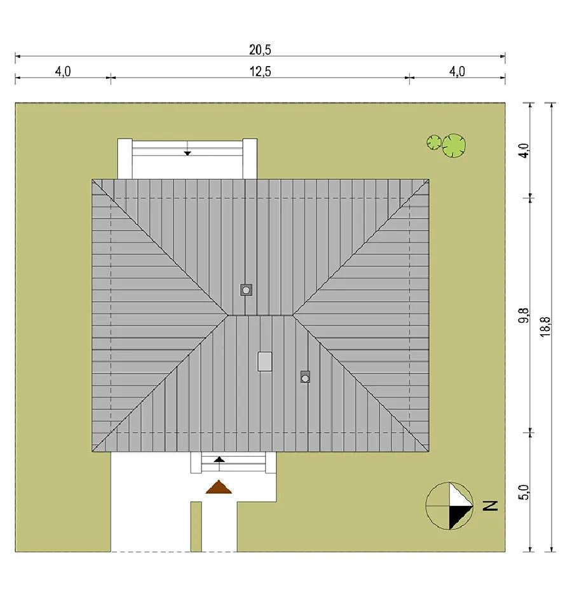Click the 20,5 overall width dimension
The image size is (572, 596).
click(260, 50)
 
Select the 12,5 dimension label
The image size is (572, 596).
click(260, 71)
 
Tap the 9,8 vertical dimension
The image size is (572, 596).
click(524, 315)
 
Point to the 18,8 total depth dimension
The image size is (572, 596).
click(545, 327)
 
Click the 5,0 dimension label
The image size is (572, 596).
click(524, 492)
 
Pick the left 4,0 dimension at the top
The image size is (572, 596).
click(63, 71)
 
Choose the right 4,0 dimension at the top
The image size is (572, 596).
click(457, 71)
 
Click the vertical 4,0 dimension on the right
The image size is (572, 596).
click(524, 151)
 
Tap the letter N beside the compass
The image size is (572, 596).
click(490, 506)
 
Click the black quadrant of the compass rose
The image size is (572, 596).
click(458, 515)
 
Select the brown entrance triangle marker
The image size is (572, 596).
click(219, 487)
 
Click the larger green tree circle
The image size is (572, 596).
click(454, 146)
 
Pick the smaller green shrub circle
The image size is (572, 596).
click(434, 142)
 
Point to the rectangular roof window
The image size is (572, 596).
click(264, 362)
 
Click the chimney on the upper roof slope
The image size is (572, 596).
click(246, 290)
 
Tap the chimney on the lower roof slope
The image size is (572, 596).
click(305, 377)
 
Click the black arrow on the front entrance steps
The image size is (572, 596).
click(219, 461)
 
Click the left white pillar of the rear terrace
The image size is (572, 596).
click(125, 158)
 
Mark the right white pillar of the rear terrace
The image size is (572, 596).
click(250, 158)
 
